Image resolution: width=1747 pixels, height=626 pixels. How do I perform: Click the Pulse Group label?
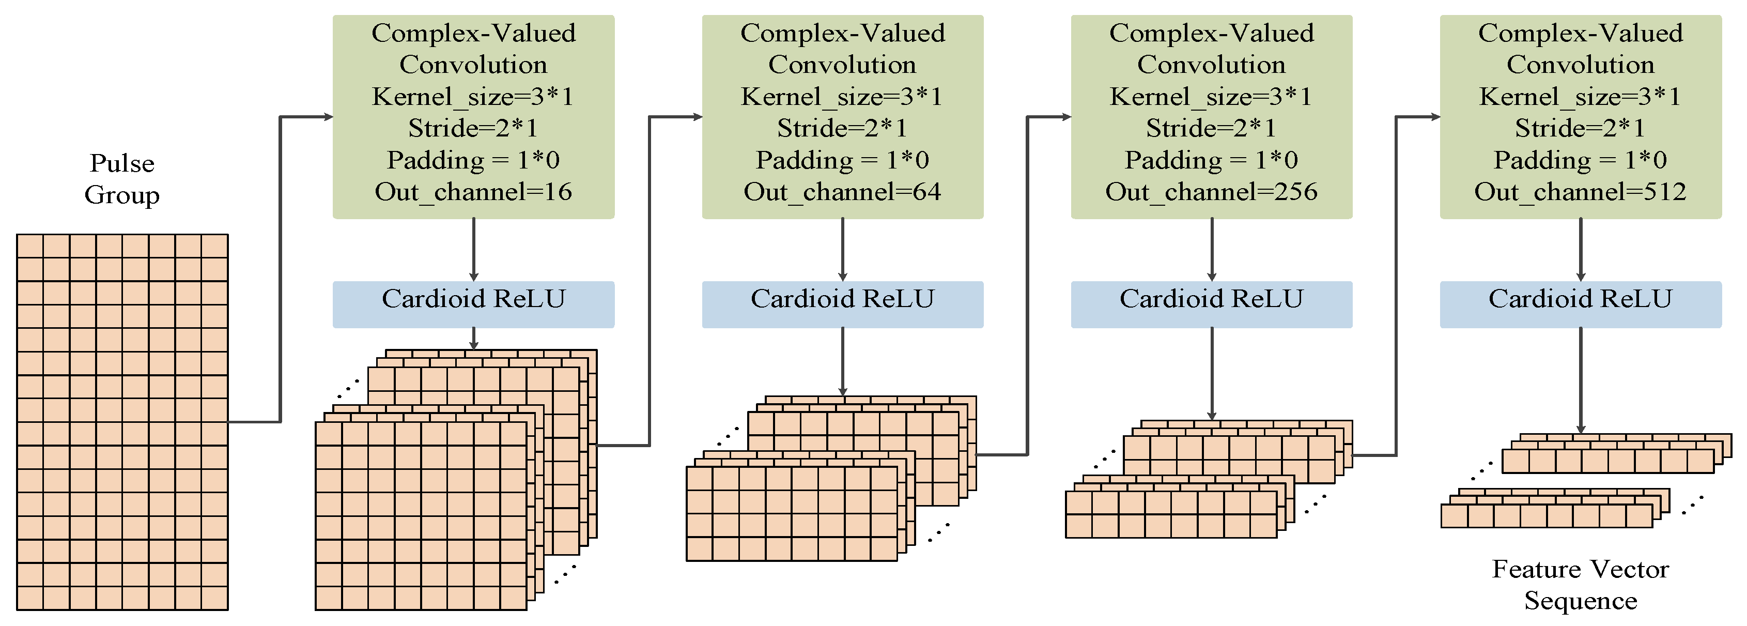122,179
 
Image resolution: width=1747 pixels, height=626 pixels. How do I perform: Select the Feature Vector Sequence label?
1580,585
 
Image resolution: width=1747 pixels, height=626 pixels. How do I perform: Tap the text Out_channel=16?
473,192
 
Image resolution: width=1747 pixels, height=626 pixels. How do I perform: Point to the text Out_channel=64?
842,192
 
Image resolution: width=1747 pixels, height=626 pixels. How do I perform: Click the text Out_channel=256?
1211,192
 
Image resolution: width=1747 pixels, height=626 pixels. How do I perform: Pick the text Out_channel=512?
1580,192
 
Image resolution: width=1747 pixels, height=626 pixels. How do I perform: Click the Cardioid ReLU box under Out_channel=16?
473,304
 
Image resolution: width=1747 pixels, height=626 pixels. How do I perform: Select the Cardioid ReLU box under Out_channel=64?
842,304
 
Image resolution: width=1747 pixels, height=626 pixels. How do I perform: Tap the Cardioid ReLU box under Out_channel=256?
1211,304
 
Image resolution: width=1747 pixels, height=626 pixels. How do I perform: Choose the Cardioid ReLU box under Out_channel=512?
1580,304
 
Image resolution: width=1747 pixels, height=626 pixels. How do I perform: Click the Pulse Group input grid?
122,422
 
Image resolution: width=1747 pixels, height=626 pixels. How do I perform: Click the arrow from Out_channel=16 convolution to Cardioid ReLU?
473,250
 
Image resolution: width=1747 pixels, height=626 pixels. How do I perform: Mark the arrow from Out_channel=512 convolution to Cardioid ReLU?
1581,250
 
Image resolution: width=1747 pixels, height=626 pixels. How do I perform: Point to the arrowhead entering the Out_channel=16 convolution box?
328,117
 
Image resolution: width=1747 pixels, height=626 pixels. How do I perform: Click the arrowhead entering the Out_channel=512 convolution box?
1434,117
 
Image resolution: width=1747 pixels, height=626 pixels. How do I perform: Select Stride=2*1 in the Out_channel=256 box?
1211,128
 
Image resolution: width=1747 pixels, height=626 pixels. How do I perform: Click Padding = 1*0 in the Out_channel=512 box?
1580,160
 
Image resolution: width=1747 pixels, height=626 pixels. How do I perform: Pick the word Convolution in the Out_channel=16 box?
473,65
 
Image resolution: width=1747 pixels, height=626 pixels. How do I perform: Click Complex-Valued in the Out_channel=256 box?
1211,33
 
